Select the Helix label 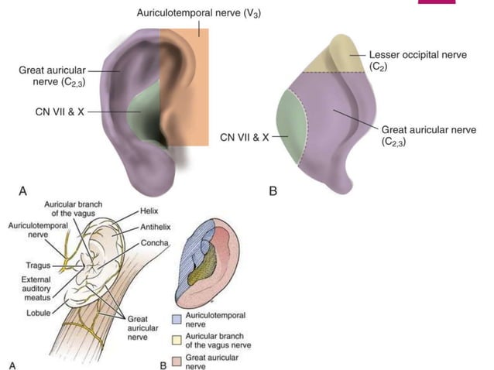pos(149,211)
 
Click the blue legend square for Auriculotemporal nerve pos(177,317)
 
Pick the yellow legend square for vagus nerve pos(177,337)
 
